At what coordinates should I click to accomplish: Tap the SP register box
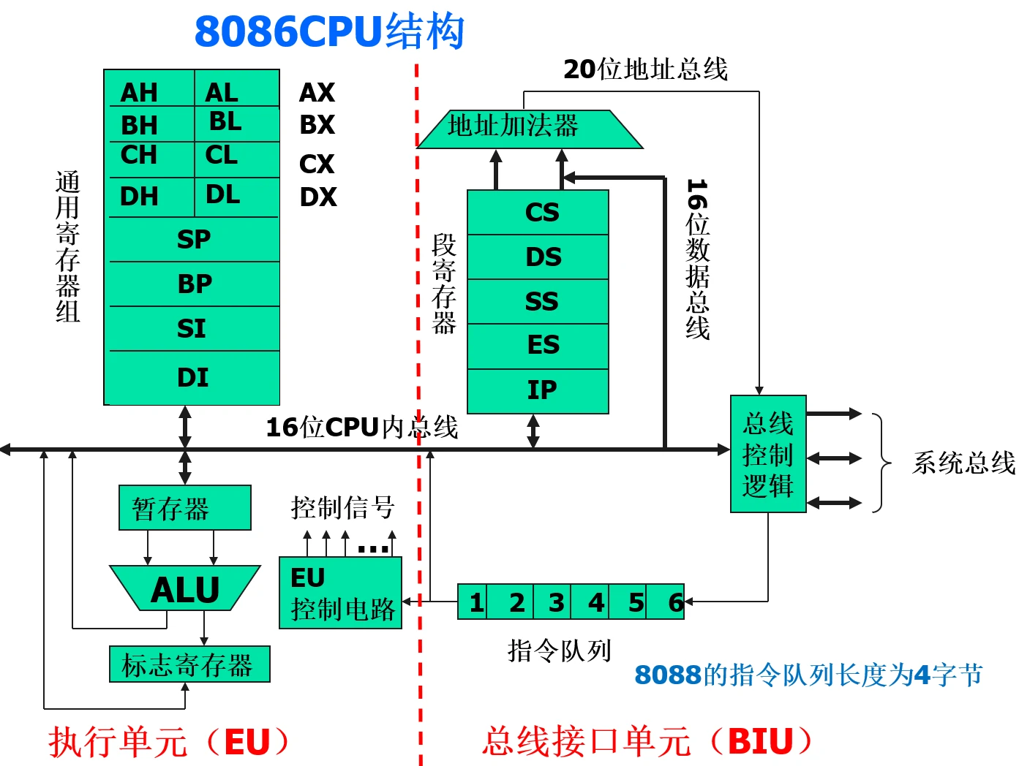click(x=194, y=240)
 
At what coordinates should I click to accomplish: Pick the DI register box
click(x=194, y=377)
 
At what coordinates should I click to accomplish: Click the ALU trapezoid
click(x=185, y=588)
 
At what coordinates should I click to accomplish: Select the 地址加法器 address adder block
click(x=527, y=129)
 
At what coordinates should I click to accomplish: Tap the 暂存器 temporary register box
click(x=184, y=508)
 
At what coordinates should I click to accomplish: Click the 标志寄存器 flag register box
click(x=189, y=664)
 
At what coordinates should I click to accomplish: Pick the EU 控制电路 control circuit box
click(x=340, y=593)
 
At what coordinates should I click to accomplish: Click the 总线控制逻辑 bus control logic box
click(x=768, y=454)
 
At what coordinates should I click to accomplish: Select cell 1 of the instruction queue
click(x=476, y=602)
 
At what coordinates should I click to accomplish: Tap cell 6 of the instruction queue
click(x=673, y=602)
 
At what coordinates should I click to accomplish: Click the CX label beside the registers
click(x=317, y=164)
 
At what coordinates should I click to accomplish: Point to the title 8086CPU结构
click(x=329, y=32)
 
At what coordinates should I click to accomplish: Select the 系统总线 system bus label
click(x=963, y=463)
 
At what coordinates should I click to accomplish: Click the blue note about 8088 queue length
click(x=808, y=675)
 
